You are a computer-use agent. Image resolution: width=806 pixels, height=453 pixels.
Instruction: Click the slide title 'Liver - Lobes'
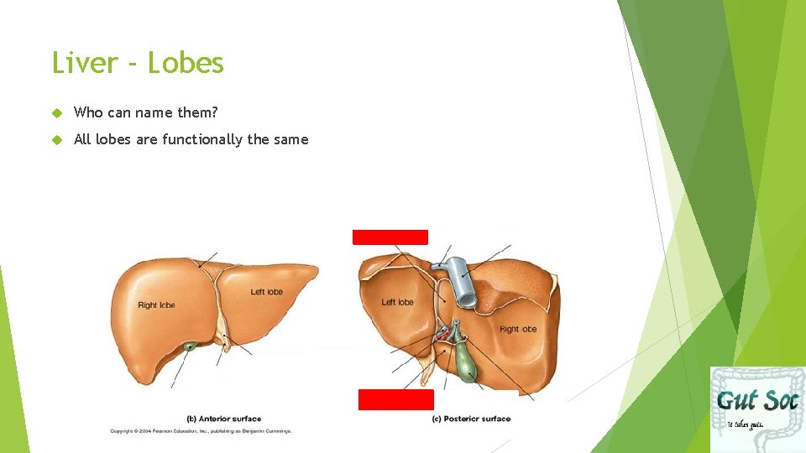click(138, 64)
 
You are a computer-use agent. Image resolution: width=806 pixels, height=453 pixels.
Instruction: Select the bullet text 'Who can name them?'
click(146, 112)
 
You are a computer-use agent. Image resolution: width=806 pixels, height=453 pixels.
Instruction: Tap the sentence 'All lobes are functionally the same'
click(191, 139)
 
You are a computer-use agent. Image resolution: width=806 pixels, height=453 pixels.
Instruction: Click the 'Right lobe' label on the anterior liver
click(156, 305)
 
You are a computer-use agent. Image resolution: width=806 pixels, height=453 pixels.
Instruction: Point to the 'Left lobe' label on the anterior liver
click(267, 292)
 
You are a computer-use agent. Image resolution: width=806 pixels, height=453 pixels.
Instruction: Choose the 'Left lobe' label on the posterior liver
click(397, 302)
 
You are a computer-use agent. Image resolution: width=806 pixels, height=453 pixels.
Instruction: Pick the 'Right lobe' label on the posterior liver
click(518, 329)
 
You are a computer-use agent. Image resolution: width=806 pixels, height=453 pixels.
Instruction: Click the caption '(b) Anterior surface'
click(223, 419)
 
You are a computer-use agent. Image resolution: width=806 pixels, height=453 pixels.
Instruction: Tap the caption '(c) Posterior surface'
click(471, 419)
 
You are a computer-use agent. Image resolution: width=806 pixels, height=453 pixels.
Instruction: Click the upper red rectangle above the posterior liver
click(390, 237)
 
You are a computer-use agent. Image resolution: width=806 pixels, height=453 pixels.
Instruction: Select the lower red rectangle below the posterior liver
click(395, 399)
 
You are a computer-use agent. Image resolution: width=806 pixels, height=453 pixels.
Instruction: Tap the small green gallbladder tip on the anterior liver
click(192, 346)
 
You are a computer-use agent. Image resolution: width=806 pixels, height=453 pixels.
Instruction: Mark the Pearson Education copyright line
click(201, 431)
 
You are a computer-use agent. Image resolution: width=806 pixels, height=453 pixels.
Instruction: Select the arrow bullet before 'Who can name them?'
click(57, 112)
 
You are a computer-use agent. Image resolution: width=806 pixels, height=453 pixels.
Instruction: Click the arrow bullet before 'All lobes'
click(57, 139)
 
